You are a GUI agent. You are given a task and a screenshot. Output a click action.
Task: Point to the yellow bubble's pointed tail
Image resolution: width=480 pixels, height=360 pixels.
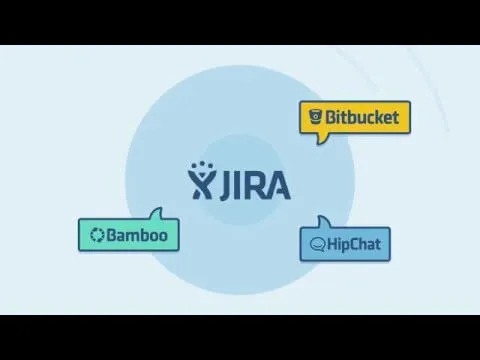tap(321, 140)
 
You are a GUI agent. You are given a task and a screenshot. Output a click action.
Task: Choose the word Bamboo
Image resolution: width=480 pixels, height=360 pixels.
tap(138, 235)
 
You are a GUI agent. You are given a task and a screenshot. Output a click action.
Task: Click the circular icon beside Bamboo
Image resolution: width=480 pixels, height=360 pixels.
tap(98, 235)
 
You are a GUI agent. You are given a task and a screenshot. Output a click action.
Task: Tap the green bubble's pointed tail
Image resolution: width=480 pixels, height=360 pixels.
tap(155, 214)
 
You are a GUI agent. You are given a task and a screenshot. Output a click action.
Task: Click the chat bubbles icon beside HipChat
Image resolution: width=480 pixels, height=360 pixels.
tap(318, 244)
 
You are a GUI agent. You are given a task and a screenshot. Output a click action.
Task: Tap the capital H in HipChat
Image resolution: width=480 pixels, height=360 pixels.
tap(333, 243)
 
